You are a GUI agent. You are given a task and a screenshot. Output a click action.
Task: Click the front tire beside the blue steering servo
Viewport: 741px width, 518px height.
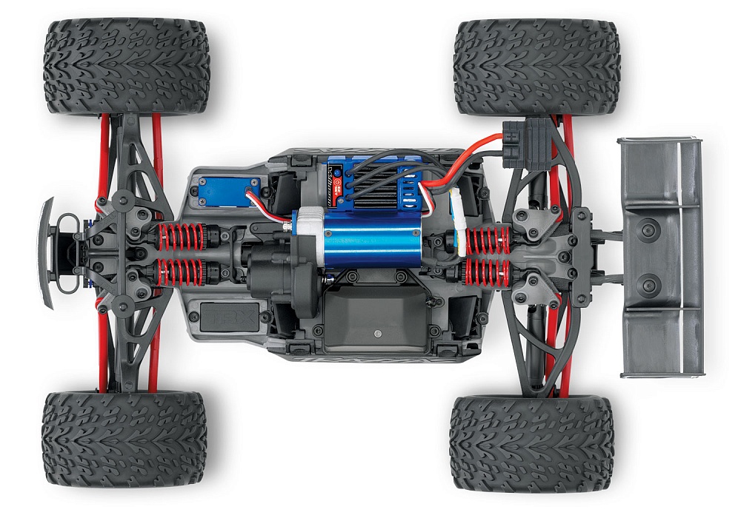point(126,67)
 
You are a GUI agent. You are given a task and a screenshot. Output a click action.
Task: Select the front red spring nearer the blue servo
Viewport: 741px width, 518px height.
point(177,237)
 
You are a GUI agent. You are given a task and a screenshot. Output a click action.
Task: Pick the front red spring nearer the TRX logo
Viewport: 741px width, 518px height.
point(177,272)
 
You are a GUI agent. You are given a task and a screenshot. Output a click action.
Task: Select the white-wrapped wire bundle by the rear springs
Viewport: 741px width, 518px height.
point(458,218)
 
